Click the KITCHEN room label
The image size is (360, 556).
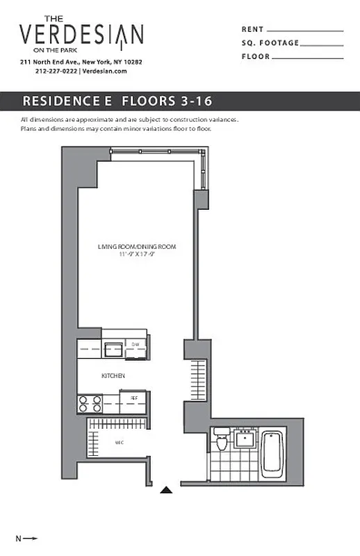[x=113, y=375]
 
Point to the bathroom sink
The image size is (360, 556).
[x=245, y=439]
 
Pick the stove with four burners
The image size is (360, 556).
[x=90, y=404]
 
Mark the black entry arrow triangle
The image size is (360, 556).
[x=167, y=490]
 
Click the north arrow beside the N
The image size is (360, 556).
[x=31, y=538]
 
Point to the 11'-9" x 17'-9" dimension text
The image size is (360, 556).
[x=137, y=254]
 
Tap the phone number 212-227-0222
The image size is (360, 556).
[x=56, y=71]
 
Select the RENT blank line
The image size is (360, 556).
[x=305, y=31]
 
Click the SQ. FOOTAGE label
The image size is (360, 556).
[x=270, y=43]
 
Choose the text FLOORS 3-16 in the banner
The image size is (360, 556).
[x=167, y=100]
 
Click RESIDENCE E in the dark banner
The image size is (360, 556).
[x=67, y=100]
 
